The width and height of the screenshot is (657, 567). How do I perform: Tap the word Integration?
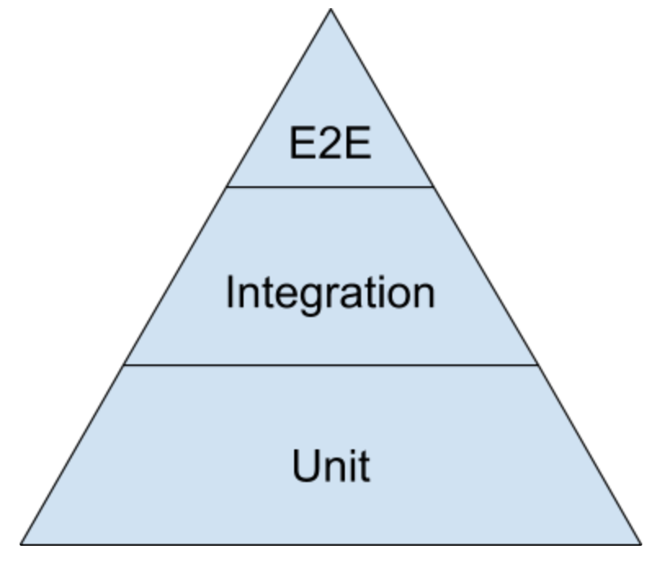point(330,292)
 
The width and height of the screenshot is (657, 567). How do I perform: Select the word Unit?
point(330,466)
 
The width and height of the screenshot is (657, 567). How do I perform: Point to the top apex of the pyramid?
point(330,9)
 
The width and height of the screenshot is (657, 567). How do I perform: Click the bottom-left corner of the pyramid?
point(20,543)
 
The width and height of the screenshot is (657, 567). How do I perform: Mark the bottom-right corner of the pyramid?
point(641,543)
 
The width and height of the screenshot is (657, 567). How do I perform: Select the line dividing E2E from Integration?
point(330,186)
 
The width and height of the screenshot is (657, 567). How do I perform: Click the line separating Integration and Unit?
point(330,364)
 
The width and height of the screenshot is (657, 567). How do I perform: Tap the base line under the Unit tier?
point(330,543)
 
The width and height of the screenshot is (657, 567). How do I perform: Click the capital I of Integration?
point(231,292)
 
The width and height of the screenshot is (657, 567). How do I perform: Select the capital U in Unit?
point(305,466)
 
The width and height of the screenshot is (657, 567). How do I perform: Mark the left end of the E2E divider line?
point(227,186)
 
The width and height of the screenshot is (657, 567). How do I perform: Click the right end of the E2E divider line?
point(433,186)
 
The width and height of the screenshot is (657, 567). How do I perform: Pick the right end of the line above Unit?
point(537,364)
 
